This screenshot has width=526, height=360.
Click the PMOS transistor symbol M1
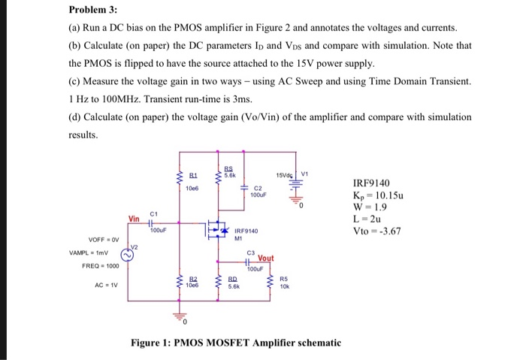219,226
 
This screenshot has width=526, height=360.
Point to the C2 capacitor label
258,188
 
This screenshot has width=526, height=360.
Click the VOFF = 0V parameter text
101,240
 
